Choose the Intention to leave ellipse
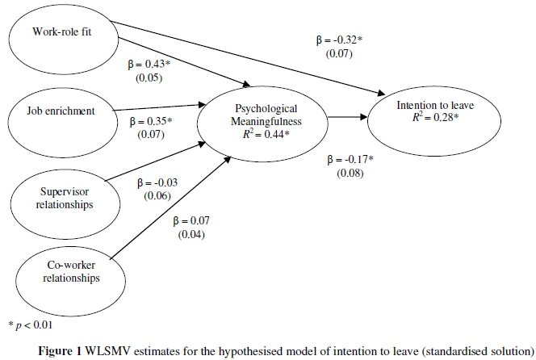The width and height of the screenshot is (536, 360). point(429,112)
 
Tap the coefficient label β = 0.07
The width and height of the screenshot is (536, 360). point(187,220)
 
